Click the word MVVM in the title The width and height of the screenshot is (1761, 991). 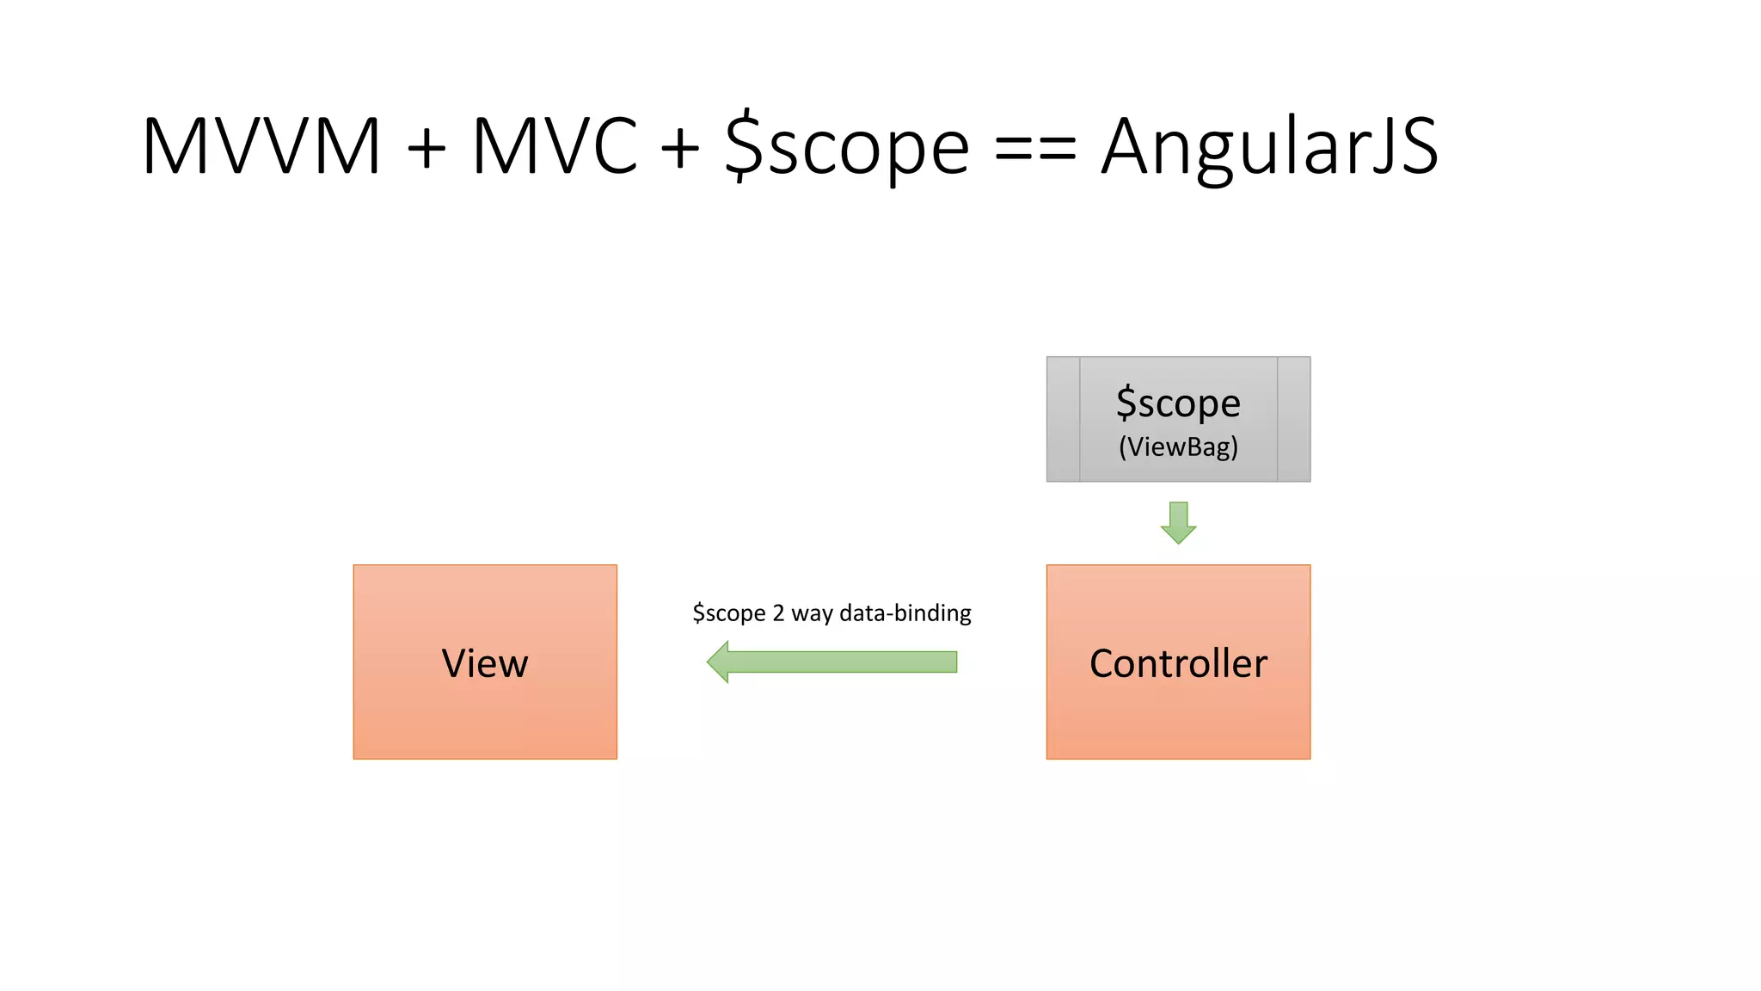(x=261, y=146)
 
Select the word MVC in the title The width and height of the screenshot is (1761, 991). (x=555, y=146)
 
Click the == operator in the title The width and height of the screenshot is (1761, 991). (x=1034, y=149)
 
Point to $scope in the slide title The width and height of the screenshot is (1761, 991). (x=847, y=146)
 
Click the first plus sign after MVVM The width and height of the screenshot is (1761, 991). (x=426, y=148)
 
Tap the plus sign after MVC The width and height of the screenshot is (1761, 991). (x=680, y=148)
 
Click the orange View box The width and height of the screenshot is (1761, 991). (x=485, y=662)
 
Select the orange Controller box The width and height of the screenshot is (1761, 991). (x=1178, y=662)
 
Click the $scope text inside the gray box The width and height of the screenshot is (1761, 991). (x=1178, y=403)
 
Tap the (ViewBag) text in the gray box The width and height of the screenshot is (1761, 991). (x=1178, y=447)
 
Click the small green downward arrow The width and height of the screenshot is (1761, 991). (x=1178, y=522)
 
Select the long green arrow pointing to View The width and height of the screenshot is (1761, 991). (x=843, y=662)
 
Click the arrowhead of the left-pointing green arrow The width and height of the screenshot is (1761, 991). (x=720, y=662)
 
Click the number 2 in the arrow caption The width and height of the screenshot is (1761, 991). (x=778, y=613)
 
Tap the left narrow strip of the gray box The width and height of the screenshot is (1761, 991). (x=1063, y=419)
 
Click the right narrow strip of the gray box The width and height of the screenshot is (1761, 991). (x=1293, y=419)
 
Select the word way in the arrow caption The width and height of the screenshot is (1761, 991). (x=811, y=614)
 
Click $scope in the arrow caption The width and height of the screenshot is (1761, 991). (x=728, y=613)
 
